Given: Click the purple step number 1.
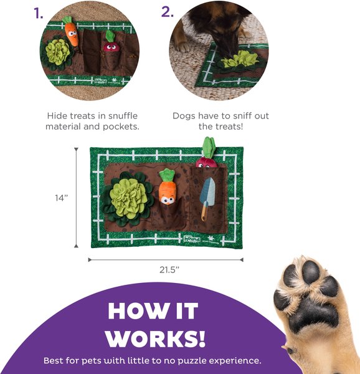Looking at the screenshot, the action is [x=39, y=13].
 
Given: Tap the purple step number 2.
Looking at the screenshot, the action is [x=168, y=11].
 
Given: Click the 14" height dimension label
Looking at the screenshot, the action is [x=62, y=198].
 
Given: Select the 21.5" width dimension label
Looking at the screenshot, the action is [x=169, y=270].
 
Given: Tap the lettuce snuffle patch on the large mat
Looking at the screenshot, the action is [x=128, y=198].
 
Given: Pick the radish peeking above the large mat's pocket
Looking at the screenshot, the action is [x=207, y=153].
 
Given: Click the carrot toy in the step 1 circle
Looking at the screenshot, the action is [x=71, y=31].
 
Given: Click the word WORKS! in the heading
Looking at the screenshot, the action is [x=155, y=338].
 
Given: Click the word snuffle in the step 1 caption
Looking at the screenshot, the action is [x=123, y=116].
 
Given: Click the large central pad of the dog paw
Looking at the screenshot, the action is [x=314, y=314].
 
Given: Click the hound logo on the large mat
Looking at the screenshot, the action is [x=192, y=238].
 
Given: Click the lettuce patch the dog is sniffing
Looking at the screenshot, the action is [x=239, y=60].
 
